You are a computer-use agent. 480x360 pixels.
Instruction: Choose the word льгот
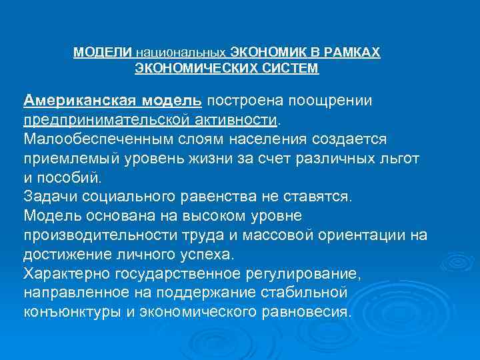click(x=401, y=159)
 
